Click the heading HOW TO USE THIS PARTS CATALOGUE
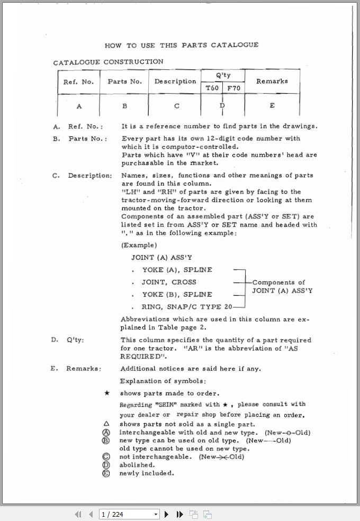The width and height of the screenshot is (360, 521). click(x=182, y=45)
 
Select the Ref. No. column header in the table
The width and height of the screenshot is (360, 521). click(x=78, y=82)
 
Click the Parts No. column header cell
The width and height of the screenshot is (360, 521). click(x=124, y=81)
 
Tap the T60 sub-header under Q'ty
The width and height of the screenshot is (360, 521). click(x=212, y=88)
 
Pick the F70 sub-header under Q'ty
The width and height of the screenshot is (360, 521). click(x=233, y=88)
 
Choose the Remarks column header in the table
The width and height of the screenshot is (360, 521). click(x=272, y=81)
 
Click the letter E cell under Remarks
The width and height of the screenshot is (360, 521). click(x=272, y=106)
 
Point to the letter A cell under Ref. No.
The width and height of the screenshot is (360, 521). click(x=79, y=106)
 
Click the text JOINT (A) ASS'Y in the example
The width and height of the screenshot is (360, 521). click(x=157, y=258)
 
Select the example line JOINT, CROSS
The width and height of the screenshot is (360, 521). click(x=168, y=282)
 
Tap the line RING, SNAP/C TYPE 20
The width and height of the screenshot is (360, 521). click(x=186, y=307)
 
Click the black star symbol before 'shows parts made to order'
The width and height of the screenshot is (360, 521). click(x=106, y=394)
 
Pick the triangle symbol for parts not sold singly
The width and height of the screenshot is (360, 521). click(x=106, y=424)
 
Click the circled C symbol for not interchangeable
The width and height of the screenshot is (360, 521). click(x=106, y=456)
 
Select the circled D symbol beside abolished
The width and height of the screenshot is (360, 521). click(x=106, y=465)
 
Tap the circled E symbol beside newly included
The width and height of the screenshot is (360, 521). click(x=106, y=473)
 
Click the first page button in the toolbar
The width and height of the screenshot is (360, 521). click(x=78, y=514)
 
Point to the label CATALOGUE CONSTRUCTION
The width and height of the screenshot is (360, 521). click(x=108, y=62)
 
